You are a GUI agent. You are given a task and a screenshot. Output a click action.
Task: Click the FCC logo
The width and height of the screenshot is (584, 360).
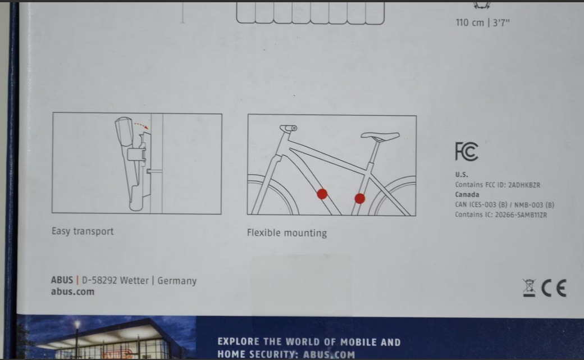[466, 151]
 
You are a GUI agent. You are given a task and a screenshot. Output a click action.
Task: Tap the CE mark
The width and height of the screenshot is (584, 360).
[554, 288]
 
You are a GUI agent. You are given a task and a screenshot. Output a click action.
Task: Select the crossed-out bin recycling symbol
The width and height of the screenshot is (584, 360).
[529, 288]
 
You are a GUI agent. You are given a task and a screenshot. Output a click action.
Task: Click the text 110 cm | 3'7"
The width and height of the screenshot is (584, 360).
[483, 22]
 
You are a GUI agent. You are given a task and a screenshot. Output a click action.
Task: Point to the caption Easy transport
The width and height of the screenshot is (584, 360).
[83, 231]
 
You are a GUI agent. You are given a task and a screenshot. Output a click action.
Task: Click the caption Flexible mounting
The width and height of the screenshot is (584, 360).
[287, 233]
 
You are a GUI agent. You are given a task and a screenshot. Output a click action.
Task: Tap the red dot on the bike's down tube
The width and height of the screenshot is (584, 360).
[322, 194]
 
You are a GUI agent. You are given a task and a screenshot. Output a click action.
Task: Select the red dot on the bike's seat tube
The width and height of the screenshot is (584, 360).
[360, 199]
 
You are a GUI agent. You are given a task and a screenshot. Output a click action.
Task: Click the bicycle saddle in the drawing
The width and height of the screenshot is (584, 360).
[380, 136]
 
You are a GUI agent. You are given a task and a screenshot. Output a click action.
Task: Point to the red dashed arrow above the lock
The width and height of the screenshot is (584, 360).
[142, 125]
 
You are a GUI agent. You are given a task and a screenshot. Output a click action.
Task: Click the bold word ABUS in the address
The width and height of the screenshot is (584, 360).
[62, 280]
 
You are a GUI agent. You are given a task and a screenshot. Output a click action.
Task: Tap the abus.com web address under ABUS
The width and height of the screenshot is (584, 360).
[72, 291]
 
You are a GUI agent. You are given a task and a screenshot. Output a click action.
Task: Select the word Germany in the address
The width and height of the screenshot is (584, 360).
[177, 281]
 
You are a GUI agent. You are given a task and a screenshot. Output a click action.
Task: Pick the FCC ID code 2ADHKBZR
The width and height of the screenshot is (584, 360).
[524, 185]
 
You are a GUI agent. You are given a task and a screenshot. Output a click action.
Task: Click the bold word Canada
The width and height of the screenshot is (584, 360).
[467, 194]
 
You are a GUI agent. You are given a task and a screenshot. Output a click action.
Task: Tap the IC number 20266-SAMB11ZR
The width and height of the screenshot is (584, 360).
[521, 215]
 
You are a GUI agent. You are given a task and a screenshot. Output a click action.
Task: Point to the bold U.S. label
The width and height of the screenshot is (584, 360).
[462, 175]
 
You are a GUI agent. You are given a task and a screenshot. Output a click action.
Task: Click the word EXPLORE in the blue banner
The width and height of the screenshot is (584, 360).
[238, 341]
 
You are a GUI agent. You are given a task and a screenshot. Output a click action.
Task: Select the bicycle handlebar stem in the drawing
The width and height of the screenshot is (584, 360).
[288, 128]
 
